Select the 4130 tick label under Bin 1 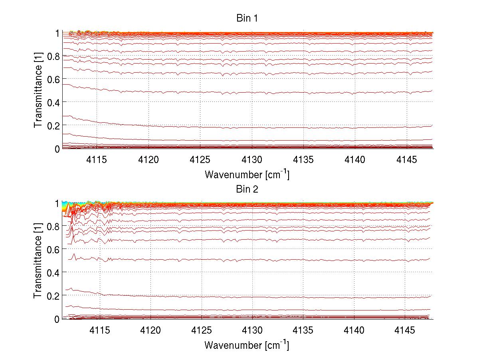[x=252, y=160]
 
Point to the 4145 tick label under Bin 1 [x=407, y=160]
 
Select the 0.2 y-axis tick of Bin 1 [x=54, y=125]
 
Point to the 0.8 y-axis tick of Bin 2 [x=54, y=226]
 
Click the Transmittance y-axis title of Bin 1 [x=38, y=90]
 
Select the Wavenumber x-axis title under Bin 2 [x=247, y=344]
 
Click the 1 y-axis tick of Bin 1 [x=57, y=33]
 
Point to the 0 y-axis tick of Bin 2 [x=57, y=319]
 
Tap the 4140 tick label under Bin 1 [x=355, y=160]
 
